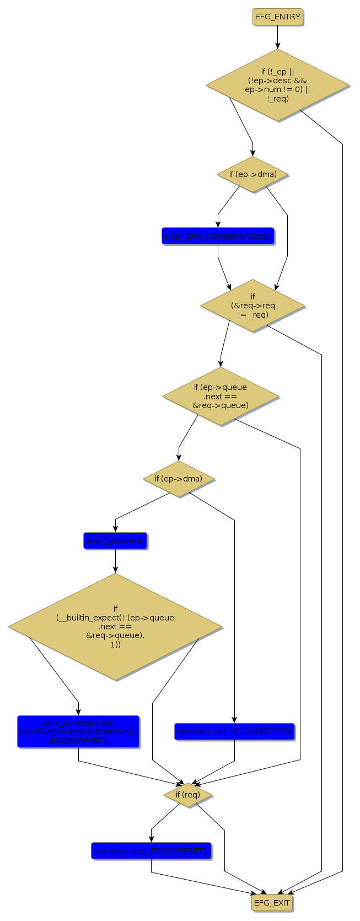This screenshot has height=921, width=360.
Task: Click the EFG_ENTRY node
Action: (278, 17)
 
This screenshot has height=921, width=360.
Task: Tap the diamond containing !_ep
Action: (278, 85)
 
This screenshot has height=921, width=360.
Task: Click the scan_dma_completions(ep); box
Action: (218, 236)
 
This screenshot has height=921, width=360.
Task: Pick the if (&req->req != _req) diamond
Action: (252, 306)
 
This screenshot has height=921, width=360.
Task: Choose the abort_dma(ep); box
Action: (115, 541)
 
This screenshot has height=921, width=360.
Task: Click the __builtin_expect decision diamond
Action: (115, 627)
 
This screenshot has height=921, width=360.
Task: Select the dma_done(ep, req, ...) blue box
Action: (78, 731)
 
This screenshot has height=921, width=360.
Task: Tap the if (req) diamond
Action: (188, 795)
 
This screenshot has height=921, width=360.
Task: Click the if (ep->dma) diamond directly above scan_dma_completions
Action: (253, 174)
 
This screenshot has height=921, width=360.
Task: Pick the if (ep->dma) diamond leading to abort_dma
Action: (179, 479)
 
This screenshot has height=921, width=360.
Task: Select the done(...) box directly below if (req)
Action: (151, 851)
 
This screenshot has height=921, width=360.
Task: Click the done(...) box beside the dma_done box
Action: (234, 731)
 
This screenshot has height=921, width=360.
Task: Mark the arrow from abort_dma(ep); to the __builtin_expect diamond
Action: (115, 561)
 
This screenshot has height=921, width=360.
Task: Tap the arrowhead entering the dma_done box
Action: (78, 712)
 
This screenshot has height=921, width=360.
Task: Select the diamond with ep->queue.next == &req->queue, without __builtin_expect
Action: (221, 396)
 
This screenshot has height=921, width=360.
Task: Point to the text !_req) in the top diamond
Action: (278, 99)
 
